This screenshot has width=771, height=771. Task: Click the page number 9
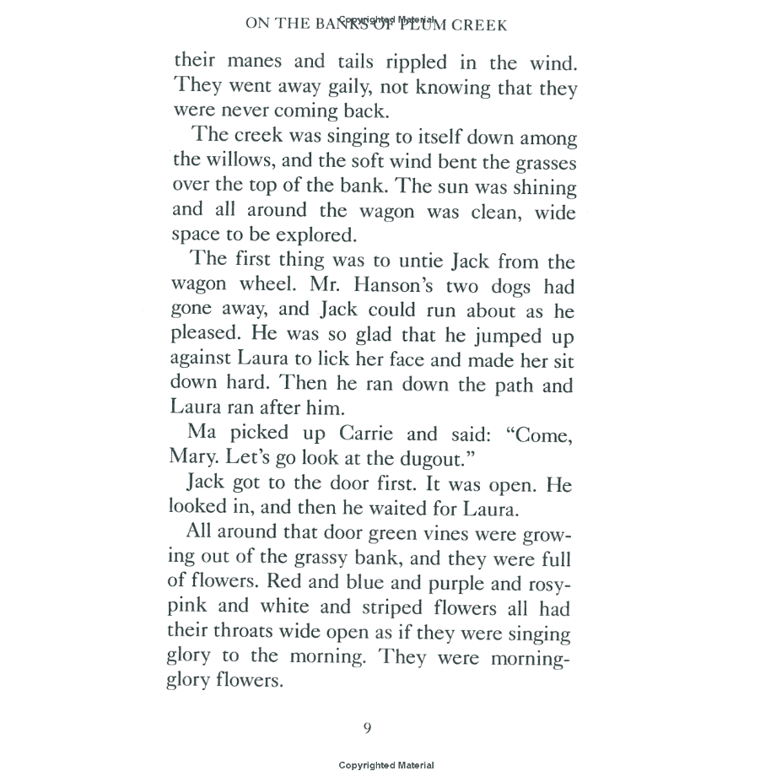(x=367, y=728)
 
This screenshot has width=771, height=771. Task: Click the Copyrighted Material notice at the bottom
(x=386, y=765)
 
